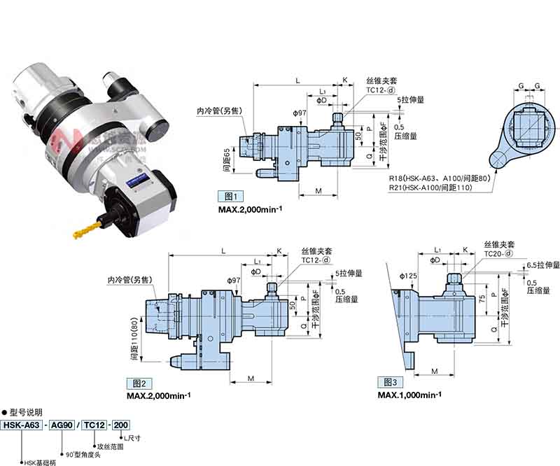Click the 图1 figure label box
tap(229, 196)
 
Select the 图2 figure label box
tap(137, 383)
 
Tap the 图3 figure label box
tap(388, 382)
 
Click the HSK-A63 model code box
tap(21, 425)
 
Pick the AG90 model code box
tap(64, 425)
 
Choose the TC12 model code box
tap(95, 425)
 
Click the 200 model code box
tap(121, 425)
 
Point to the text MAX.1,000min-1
tap(409, 395)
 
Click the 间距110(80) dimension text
tap(134, 337)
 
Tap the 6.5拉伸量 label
tap(544, 265)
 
